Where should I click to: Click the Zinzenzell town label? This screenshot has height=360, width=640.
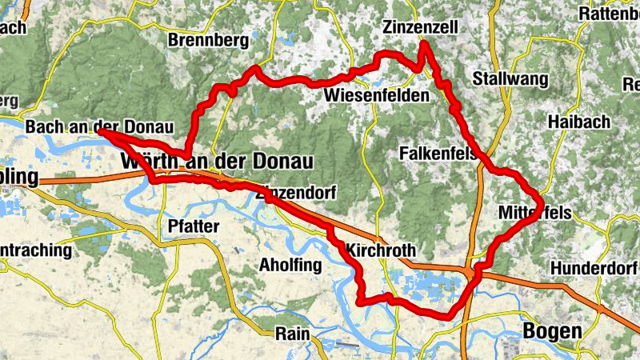[x=420, y=27]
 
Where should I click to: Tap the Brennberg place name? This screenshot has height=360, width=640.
[x=209, y=40]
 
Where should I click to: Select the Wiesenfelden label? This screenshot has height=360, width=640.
[x=376, y=96]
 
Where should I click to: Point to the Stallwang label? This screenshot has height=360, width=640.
[x=510, y=78]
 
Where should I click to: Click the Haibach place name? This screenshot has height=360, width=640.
[x=579, y=122]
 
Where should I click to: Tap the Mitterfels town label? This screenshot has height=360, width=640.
[x=534, y=213]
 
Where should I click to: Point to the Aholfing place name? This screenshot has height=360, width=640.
[x=290, y=265]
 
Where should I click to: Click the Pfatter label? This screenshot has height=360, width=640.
[x=193, y=226]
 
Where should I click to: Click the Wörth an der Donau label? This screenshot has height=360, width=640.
[x=215, y=162]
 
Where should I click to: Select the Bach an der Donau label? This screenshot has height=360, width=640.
[x=99, y=127]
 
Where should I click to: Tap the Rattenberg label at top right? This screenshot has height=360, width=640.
[x=609, y=13]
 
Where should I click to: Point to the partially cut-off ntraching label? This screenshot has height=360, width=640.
[x=35, y=250]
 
